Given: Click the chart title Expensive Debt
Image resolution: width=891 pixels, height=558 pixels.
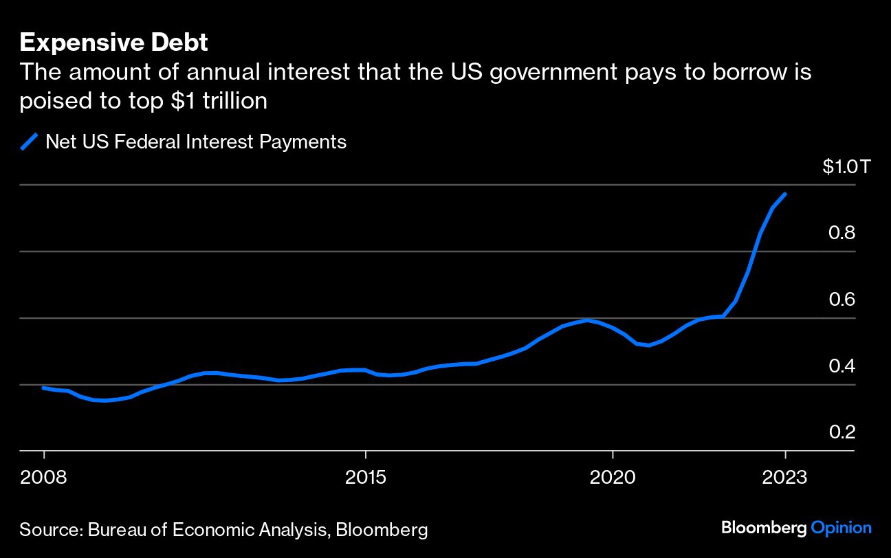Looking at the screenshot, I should point(113,43).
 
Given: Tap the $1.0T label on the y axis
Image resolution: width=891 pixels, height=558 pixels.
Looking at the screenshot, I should point(846,167).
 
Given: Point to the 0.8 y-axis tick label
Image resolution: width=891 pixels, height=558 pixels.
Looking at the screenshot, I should point(841,233).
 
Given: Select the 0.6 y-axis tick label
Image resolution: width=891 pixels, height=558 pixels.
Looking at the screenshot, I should point(841,300).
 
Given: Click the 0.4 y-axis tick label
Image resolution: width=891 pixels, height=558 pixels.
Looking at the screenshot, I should point(841,366).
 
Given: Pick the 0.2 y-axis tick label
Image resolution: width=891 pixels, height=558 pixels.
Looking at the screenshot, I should point(841,432).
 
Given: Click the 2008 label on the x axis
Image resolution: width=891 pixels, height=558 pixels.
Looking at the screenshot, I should point(43,477).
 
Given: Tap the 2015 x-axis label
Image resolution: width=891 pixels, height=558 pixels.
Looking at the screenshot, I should point(366,477).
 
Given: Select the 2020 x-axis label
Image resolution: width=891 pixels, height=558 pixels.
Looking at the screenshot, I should point(612,477).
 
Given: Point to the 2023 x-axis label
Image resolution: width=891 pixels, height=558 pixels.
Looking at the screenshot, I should point(785,477).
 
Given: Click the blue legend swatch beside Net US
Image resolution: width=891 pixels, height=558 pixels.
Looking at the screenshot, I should point(29,142).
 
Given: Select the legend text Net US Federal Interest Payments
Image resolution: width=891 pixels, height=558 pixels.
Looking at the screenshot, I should point(196,142).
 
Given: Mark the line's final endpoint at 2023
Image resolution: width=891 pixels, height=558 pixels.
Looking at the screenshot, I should point(785,194).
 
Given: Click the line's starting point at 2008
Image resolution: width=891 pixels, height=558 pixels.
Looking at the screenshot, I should point(43,388).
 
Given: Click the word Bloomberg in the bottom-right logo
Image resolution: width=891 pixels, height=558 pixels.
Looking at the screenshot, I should point(764,528).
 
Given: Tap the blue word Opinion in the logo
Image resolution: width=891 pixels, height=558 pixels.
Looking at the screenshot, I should point(841,528).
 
